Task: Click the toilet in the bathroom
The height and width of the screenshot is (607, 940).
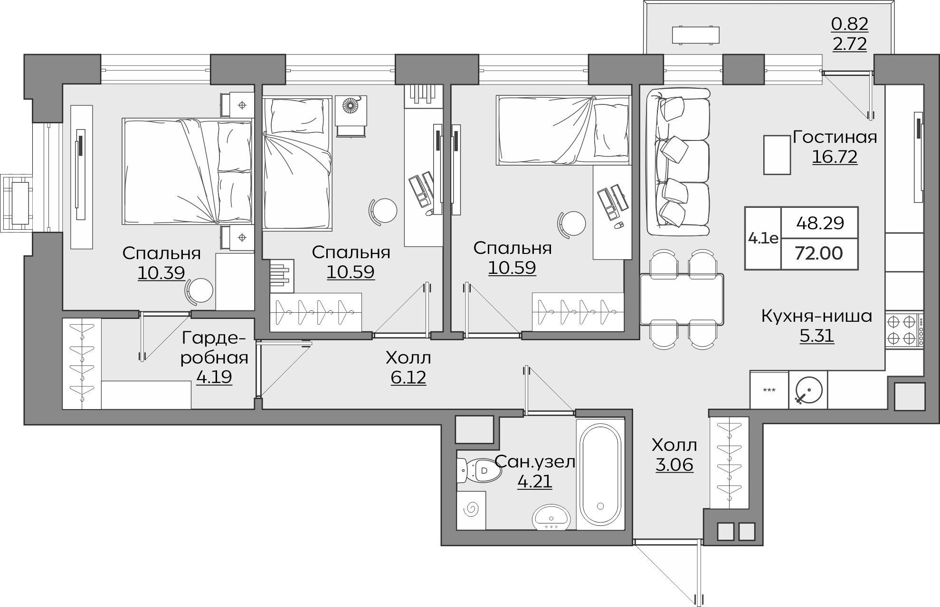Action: point(479,471)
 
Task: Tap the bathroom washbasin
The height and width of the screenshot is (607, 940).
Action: point(551,517)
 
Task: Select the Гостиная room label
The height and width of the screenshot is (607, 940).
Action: point(835,137)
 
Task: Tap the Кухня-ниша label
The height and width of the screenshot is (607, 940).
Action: point(817,316)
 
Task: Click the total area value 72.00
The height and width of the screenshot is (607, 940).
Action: point(819,253)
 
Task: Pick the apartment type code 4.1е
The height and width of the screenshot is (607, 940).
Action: point(763,238)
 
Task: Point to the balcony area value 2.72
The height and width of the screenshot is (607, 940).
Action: point(850,43)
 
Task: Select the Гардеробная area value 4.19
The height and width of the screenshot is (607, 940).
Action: point(214,377)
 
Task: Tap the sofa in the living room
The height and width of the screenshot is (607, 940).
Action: point(678,161)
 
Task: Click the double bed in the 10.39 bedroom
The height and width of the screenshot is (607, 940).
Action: point(187,171)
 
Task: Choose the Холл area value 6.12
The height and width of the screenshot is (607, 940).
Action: point(408,377)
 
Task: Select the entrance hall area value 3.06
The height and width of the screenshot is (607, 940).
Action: point(674,465)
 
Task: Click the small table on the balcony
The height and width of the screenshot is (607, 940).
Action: point(695,35)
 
